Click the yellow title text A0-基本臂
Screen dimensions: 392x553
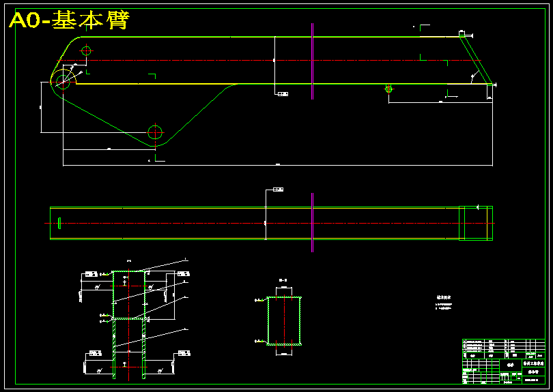pos(69,21)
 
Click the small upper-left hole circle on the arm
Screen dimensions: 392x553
pos(86,50)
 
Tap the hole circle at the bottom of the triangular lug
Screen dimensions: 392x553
pos(155,132)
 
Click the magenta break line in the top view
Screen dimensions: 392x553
pos(312,61)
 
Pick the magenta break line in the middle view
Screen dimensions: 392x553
pos(312,222)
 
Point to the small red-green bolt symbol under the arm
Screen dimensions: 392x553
pos(388,89)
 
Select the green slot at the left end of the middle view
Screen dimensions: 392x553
pos(60,223)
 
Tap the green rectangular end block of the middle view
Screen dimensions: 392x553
pos(475,223)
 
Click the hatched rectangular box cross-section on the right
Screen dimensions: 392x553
pos(283,320)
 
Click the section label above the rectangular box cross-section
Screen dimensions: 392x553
pos(283,280)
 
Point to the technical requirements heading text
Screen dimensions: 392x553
pos(444,298)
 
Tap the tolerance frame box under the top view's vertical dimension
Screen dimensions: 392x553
pos(283,93)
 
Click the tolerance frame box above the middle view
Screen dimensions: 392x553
pos(278,189)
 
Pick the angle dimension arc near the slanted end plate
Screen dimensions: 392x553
pos(472,76)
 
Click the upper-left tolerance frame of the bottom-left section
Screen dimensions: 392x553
pos(89,274)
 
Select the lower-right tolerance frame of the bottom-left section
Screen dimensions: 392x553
pos(184,353)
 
